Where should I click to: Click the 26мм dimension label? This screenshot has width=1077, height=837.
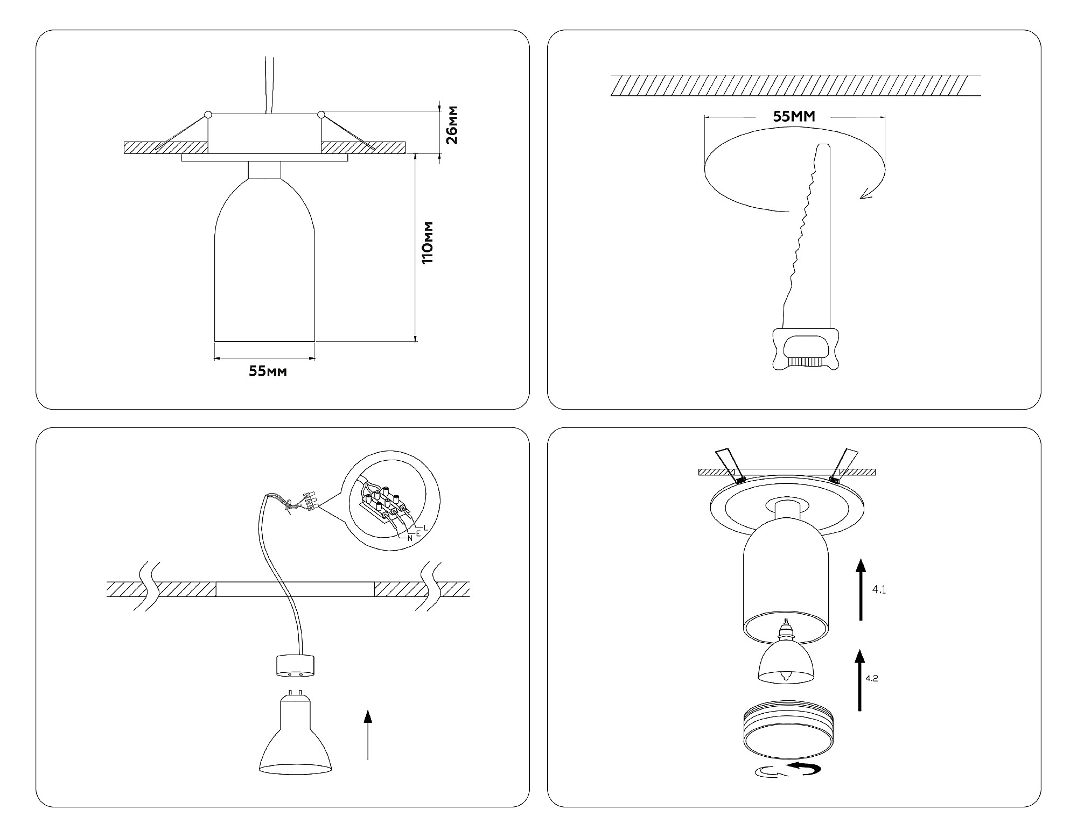453,125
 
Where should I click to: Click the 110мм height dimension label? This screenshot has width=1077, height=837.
428,242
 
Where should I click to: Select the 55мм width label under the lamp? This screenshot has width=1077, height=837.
268,371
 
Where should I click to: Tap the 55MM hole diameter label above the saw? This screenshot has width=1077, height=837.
794,116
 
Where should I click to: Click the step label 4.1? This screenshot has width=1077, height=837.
879,590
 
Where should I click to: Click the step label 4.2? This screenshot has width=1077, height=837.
871,678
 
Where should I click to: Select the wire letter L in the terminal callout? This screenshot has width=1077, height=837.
425,527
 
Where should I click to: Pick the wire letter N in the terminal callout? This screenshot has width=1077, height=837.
410,538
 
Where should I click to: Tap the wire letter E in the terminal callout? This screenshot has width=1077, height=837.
418,533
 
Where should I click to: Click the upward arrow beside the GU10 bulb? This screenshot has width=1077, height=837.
368,735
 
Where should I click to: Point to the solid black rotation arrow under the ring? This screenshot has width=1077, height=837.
805,769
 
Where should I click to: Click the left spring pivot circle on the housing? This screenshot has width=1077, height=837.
208,115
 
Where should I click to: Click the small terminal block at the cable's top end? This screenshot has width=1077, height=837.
310,501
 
